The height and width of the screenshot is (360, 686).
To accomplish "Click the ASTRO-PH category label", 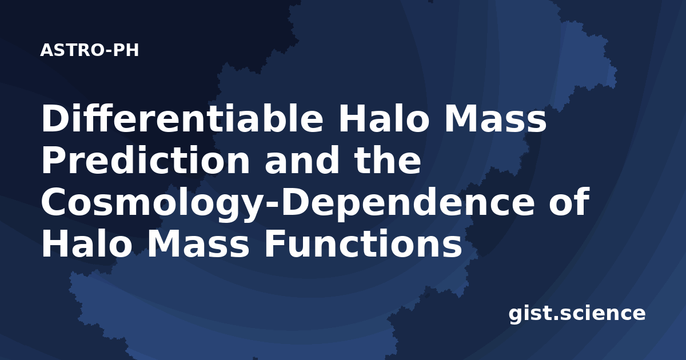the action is pyautogui.click(x=89, y=50).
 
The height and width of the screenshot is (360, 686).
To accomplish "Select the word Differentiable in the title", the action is pyautogui.click(x=182, y=118).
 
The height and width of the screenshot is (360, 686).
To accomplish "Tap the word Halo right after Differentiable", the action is pyautogui.click(x=382, y=118).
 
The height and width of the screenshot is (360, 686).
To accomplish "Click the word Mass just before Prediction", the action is pyautogui.click(x=495, y=118).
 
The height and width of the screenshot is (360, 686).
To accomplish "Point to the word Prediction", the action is pyautogui.click(x=146, y=160).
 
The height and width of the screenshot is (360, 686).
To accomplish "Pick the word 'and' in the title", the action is pyautogui.click(x=302, y=160).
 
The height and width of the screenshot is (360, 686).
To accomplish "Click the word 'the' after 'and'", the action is pyautogui.click(x=388, y=160).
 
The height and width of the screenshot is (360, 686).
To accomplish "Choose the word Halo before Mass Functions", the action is pyautogui.click(x=86, y=244).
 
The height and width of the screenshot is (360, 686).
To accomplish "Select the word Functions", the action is pyautogui.click(x=363, y=244).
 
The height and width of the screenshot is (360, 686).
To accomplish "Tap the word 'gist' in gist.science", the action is pyautogui.click(x=529, y=314).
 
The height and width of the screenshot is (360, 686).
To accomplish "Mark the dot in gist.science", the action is pyautogui.click(x=555, y=318).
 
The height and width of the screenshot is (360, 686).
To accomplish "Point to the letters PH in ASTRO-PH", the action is pyautogui.click(x=126, y=50).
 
